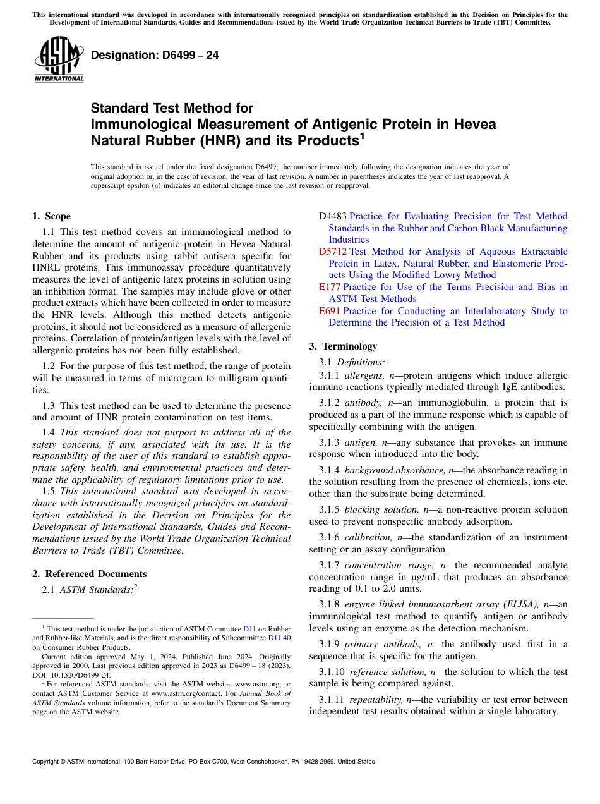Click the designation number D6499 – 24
click(x=155, y=55)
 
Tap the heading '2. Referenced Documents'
click(x=89, y=574)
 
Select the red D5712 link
click(x=332, y=252)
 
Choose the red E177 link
click(x=329, y=287)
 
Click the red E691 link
click(x=329, y=311)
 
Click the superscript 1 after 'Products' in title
click(x=363, y=136)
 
